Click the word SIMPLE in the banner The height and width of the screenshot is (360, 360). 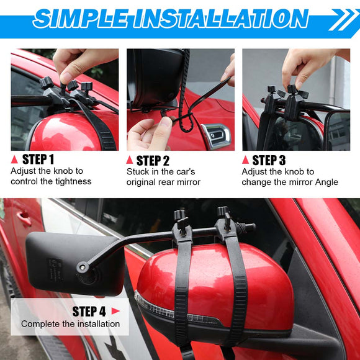(x=81, y=19)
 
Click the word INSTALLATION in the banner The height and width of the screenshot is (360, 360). (x=221, y=19)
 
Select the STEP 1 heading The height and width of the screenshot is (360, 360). (x=38, y=159)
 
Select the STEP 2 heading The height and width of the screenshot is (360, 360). (x=153, y=161)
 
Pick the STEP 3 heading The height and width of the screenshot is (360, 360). (x=269, y=160)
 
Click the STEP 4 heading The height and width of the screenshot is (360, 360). (x=89, y=312)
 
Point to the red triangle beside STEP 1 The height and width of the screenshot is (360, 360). (x=14, y=160)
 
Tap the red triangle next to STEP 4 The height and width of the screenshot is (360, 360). (x=115, y=311)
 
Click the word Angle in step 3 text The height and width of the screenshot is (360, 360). (x=326, y=182)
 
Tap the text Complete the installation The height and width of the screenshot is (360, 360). (x=71, y=324)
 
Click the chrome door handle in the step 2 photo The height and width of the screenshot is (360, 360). (x=216, y=136)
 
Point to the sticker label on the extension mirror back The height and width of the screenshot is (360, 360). (x=55, y=269)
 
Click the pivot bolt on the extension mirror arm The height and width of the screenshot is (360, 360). (x=83, y=268)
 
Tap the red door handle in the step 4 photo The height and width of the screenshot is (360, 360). (x=24, y=218)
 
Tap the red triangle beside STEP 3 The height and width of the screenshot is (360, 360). (x=245, y=160)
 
